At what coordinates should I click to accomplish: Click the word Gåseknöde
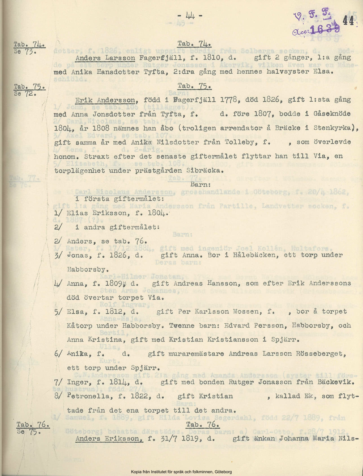[332, 114]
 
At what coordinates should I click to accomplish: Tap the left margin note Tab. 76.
[33, 425]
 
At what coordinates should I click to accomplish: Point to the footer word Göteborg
[222, 472]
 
